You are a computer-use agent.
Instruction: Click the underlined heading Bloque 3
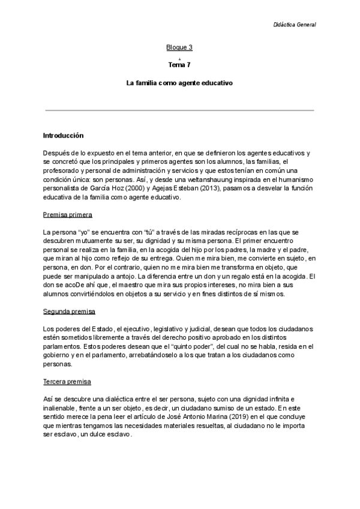[x=179, y=47]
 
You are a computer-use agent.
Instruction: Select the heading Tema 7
[x=179, y=64]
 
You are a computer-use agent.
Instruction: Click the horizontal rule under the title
[x=179, y=110]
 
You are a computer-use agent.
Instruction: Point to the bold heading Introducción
[x=63, y=136]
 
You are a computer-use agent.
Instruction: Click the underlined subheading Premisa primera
[x=67, y=214]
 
